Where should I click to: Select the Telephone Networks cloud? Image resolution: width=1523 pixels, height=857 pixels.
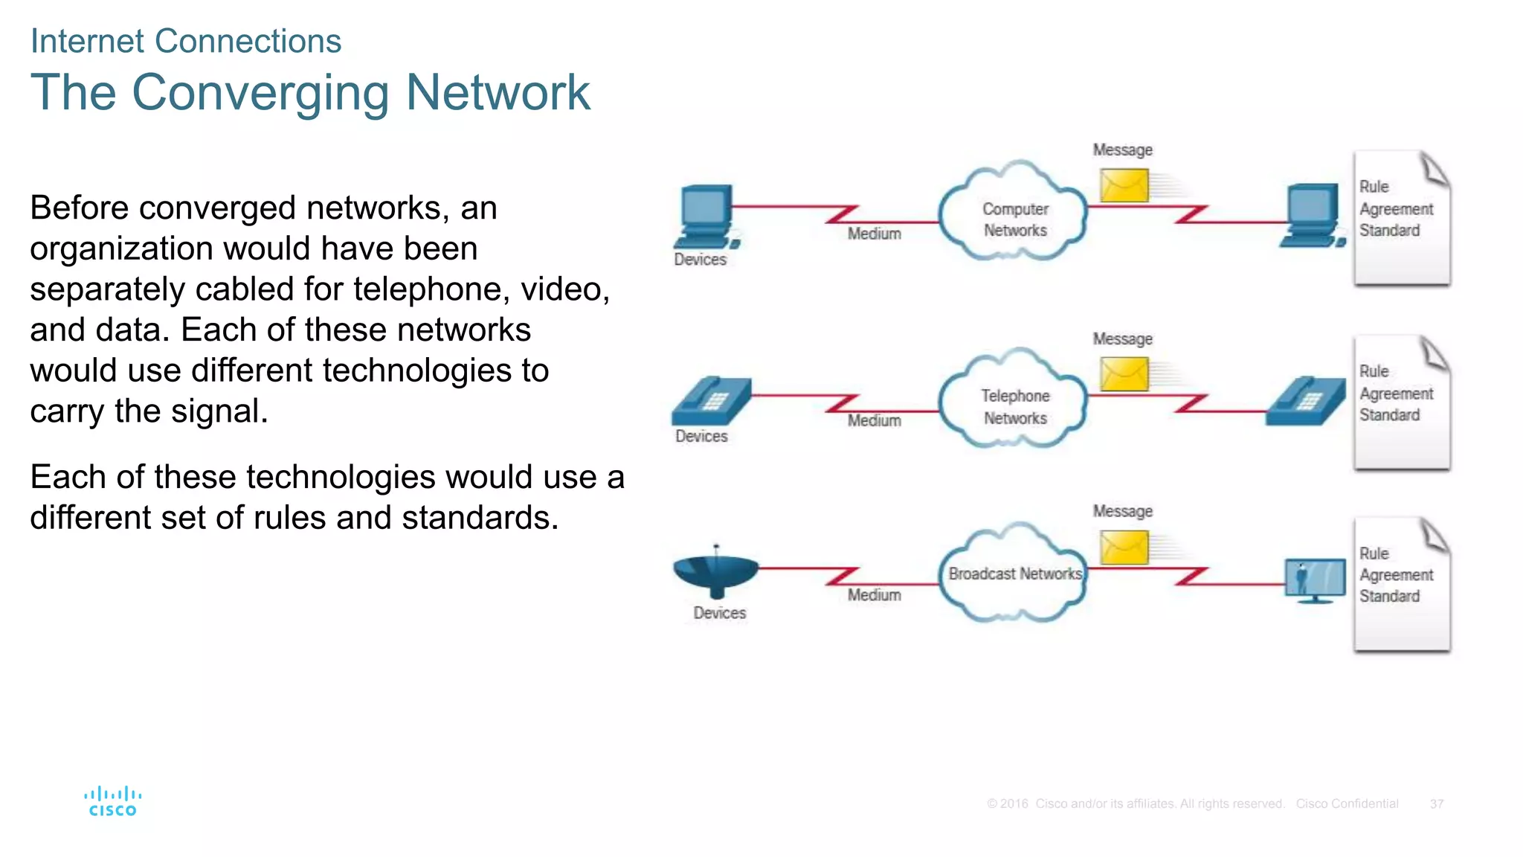pyautogui.click(x=1013, y=402)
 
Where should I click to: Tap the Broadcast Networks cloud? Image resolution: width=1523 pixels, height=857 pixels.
pyautogui.click(x=1013, y=574)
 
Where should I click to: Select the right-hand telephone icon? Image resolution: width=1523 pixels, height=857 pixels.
pyautogui.click(x=1307, y=401)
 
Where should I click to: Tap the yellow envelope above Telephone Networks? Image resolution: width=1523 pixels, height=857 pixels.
pyautogui.click(x=1124, y=373)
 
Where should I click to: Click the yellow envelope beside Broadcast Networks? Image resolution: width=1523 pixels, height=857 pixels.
pyautogui.click(x=1124, y=548)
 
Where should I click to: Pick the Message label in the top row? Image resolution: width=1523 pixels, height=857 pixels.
pyautogui.click(x=1122, y=150)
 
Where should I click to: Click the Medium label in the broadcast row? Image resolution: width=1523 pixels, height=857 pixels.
pyautogui.click(x=874, y=595)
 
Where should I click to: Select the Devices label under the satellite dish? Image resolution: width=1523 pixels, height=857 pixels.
pyautogui.click(x=719, y=613)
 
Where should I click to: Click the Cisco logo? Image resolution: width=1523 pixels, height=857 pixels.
pyautogui.click(x=112, y=801)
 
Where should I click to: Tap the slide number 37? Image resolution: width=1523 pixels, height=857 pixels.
pyautogui.click(x=1436, y=804)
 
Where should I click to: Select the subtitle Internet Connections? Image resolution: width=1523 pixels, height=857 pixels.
pyautogui.click(x=185, y=41)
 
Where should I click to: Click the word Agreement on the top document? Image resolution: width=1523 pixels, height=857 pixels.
pyautogui.click(x=1396, y=209)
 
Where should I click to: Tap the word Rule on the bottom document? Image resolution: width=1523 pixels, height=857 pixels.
pyautogui.click(x=1374, y=553)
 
